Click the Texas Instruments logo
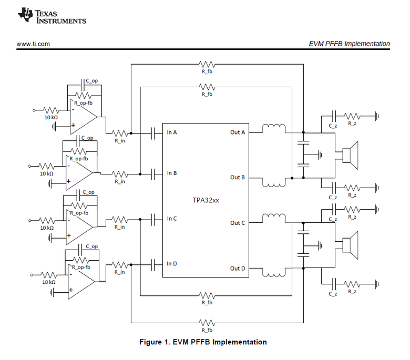(x=52, y=16)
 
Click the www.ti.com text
(x=33, y=44)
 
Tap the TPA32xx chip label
(x=206, y=200)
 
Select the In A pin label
(x=172, y=132)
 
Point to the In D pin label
(x=172, y=263)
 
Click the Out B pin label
(x=238, y=177)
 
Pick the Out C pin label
(x=238, y=223)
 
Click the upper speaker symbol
(x=350, y=156)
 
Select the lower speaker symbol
(x=350, y=245)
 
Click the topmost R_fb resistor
(x=207, y=64)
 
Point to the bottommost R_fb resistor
(x=207, y=323)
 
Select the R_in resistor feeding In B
(x=120, y=174)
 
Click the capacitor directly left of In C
(x=153, y=220)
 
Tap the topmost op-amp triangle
(x=84, y=117)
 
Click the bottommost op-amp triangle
(x=81, y=281)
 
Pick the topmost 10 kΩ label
(x=51, y=118)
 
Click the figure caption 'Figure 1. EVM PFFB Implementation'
(x=203, y=342)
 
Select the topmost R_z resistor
(x=352, y=116)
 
